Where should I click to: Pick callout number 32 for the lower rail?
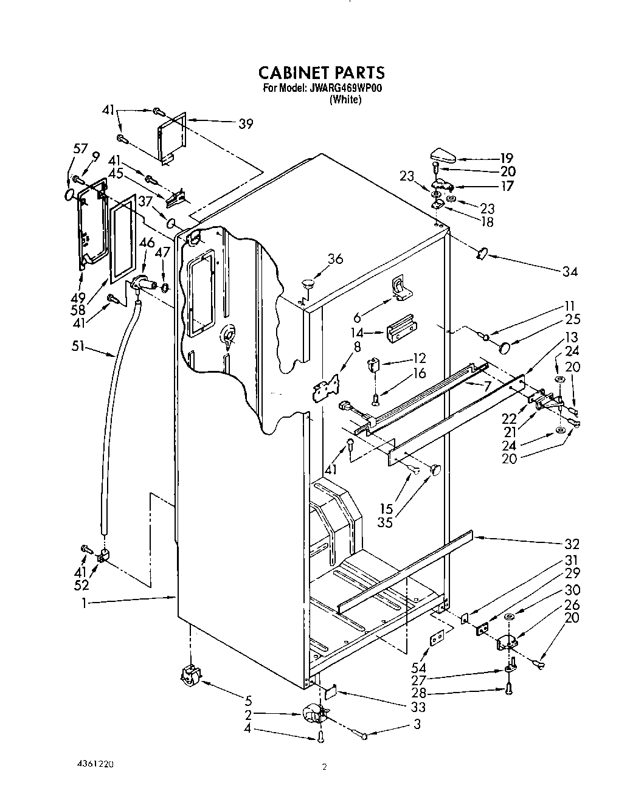[x=572, y=544]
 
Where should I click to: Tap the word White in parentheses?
[x=345, y=100]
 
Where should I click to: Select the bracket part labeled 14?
[x=401, y=331]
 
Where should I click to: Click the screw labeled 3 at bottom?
[x=363, y=736]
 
